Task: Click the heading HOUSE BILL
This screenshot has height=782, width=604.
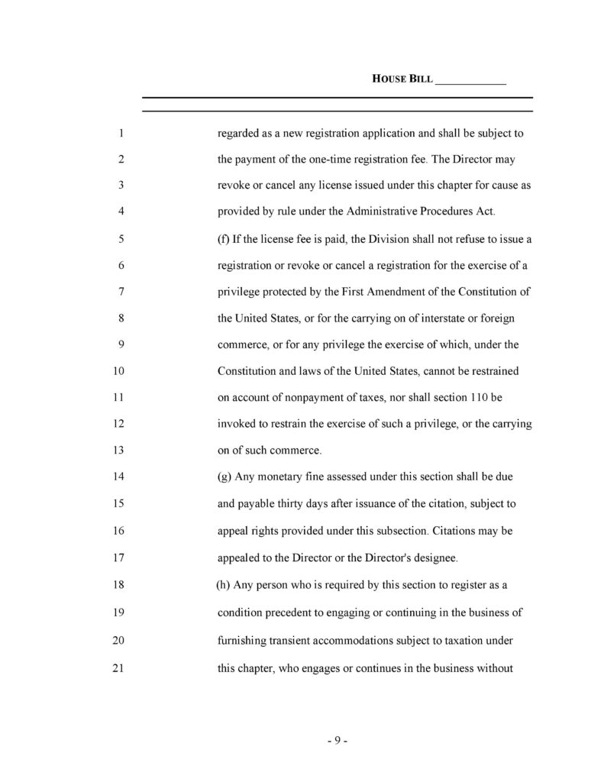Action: [x=402, y=79]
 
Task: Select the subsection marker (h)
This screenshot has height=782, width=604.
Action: [x=224, y=586]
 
